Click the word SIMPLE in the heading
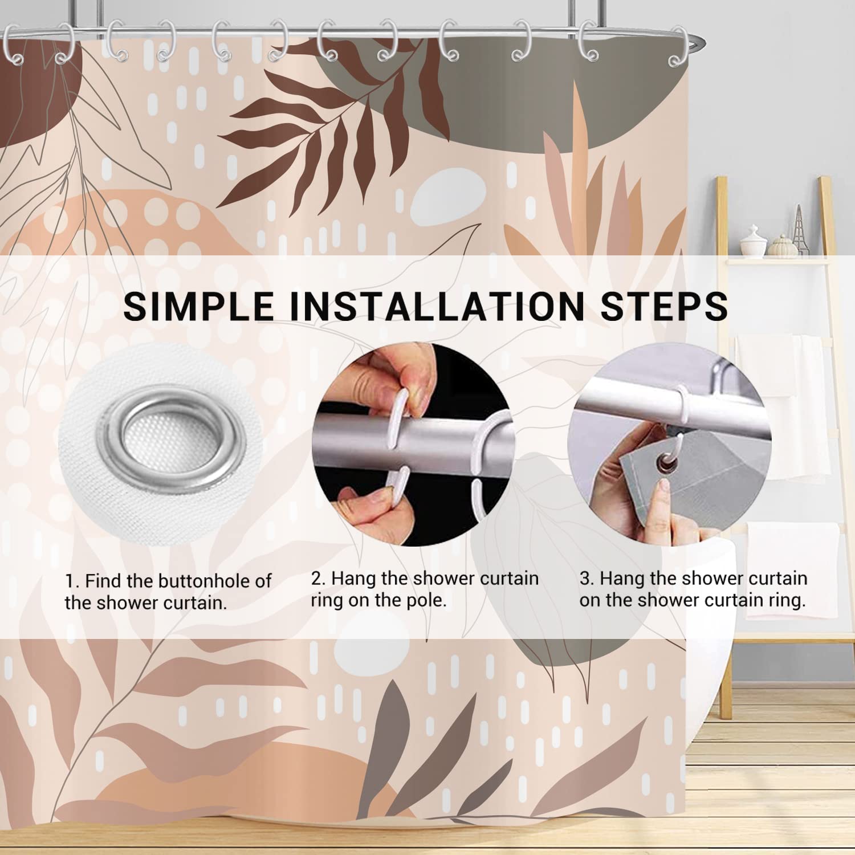coord(198,306)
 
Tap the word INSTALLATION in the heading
coord(433,306)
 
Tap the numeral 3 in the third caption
coord(585,579)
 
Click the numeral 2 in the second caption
coord(317,579)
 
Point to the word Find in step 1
coord(104,581)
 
